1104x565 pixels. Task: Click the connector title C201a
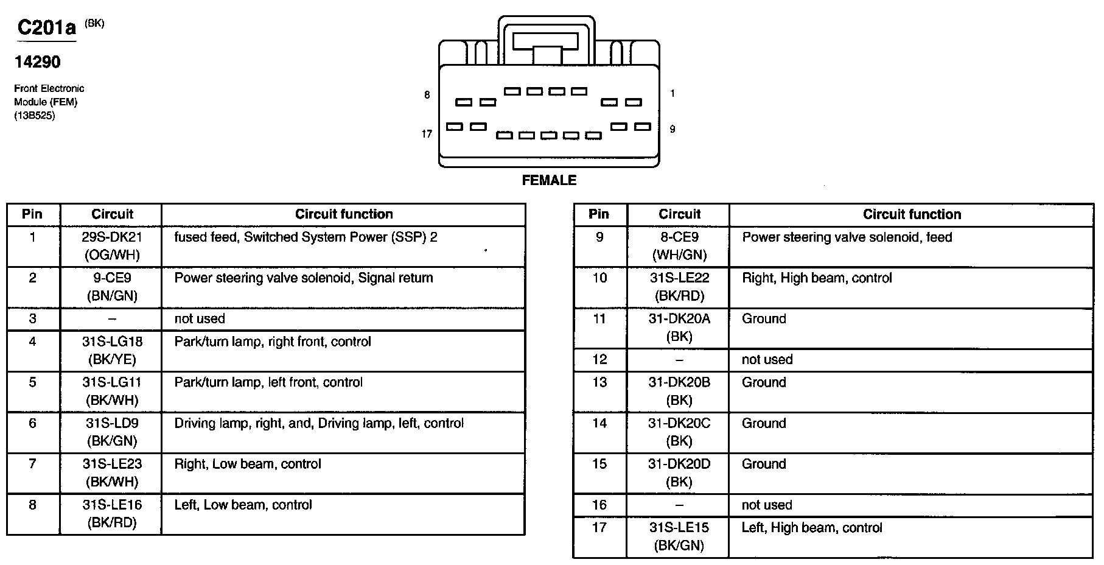47,28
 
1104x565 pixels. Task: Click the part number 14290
38,62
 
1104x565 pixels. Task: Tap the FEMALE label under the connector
549,180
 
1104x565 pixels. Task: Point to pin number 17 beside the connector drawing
427,133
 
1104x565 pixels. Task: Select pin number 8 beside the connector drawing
427,95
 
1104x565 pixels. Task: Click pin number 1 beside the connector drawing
672,93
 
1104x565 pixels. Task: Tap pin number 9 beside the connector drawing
672,129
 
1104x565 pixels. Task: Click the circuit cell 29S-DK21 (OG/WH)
111,246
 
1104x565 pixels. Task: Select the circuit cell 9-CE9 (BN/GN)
111,287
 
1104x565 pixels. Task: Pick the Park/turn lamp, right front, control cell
273,342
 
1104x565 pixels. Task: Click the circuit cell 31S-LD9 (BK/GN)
111,432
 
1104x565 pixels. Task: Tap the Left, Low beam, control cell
243,505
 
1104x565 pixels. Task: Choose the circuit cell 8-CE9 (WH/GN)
679,246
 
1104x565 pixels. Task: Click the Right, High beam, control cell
817,278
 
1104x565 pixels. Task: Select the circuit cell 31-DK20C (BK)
679,432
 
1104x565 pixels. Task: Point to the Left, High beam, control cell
812,528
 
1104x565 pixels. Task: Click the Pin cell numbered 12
599,360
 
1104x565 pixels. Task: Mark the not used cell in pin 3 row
200,319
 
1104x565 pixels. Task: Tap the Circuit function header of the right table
911,214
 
